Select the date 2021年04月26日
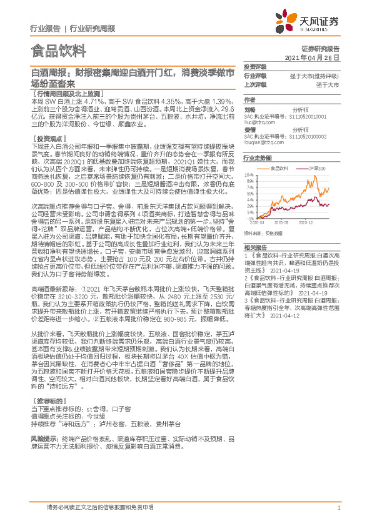[x=311, y=57]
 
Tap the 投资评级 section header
[x=255, y=66]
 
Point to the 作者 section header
[x=249, y=100]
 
